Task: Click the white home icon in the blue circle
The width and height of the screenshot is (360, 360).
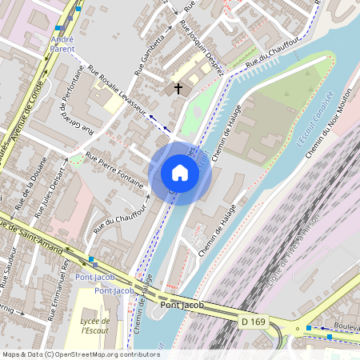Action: tap(180, 173)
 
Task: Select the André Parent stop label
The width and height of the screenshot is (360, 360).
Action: tap(62, 42)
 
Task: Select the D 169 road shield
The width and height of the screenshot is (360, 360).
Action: tap(253, 321)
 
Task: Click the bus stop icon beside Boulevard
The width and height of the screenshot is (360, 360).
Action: tap(309, 327)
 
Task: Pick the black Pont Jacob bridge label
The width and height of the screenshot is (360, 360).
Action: tap(182, 305)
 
